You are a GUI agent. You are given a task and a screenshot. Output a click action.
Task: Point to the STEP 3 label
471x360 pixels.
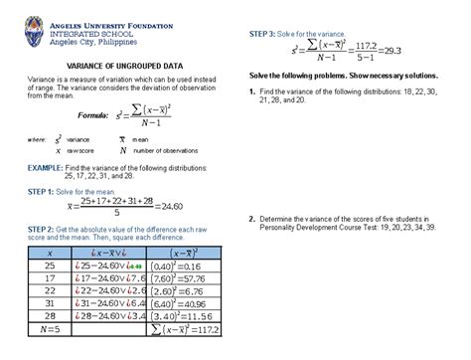point(256,34)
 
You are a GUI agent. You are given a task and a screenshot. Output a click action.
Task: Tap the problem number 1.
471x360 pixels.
point(252,92)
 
